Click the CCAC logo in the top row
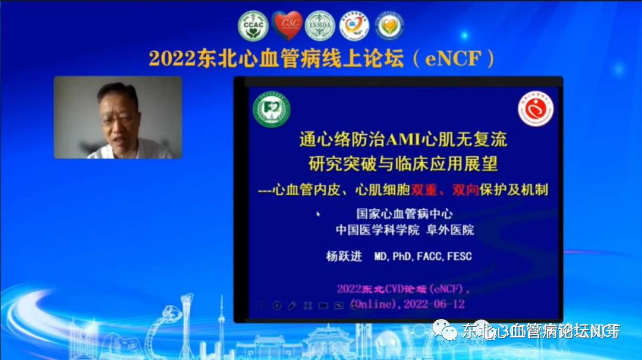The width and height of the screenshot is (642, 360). (x=253, y=26)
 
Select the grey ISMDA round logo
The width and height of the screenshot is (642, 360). (x=320, y=26)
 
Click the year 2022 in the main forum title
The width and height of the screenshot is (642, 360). (x=172, y=59)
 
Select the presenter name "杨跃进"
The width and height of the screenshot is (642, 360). (x=344, y=257)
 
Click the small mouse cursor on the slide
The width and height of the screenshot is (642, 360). (x=319, y=214)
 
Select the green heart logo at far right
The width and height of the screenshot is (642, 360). (x=389, y=26)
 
